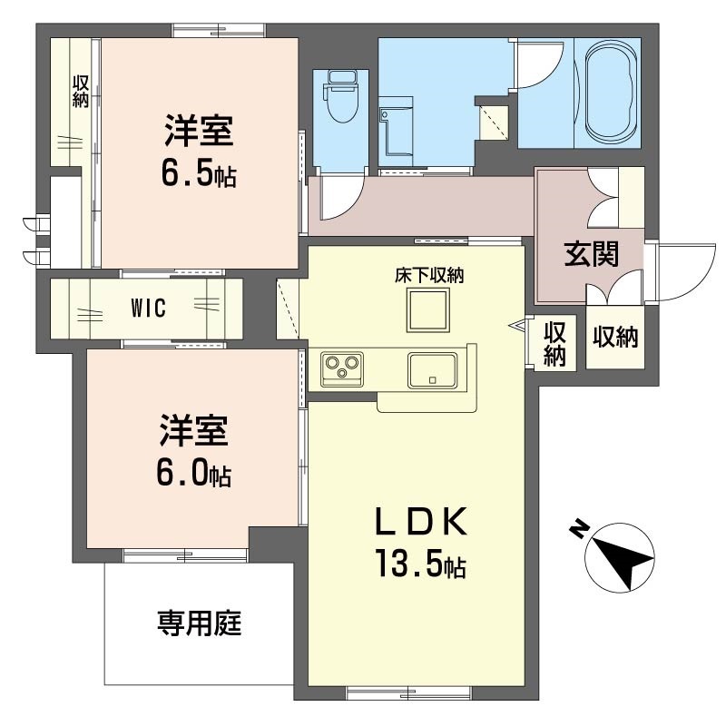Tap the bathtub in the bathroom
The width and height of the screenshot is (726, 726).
tap(612, 92)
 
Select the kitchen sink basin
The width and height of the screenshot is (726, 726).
tap(430, 368)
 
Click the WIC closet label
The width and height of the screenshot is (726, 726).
tap(148, 308)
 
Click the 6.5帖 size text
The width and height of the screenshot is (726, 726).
tap(199, 172)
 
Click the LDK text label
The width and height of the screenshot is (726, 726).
tap(421, 522)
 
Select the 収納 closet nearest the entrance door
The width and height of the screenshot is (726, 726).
tap(615, 338)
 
